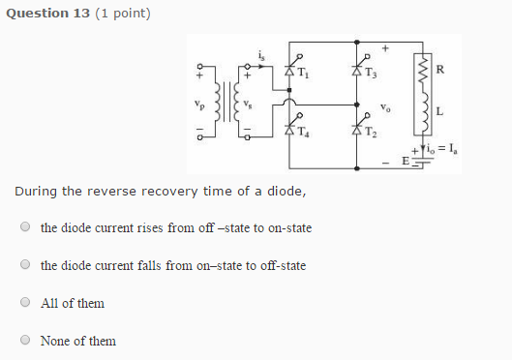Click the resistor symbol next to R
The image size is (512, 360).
(422, 70)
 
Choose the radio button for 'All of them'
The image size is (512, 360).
(25, 303)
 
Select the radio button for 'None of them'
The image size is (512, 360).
(25, 340)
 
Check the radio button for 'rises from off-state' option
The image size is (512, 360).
(25, 227)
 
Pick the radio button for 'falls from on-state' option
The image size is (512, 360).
(25, 265)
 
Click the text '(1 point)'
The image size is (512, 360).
(122, 13)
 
